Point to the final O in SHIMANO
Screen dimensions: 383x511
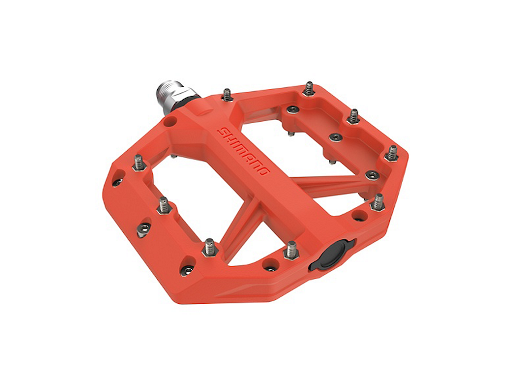click(x=265, y=172)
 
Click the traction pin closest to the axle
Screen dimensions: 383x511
click(x=228, y=94)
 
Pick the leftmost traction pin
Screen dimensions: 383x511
click(x=139, y=162)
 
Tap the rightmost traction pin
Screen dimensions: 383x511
click(x=392, y=153)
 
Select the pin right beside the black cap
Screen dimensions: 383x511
click(x=291, y=249)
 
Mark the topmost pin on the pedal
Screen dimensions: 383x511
click(x=309, y=89)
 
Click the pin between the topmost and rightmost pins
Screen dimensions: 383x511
click(x=353, y=116)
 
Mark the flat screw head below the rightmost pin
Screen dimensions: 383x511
click(x=371, y=175)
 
